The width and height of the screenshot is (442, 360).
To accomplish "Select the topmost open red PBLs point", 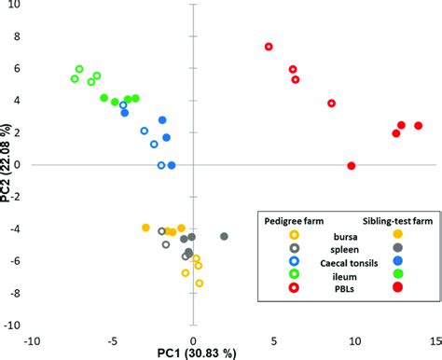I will pyautogui.click(x=269, y=47).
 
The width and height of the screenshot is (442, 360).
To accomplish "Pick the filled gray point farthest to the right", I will pyautogui.click(x=225, y=237).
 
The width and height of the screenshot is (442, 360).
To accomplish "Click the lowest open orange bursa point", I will pyautogui.click(x=199, y=283).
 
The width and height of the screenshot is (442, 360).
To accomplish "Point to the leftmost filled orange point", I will pyautogui.click(x=145, y=228).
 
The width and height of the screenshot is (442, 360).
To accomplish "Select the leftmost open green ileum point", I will pyautogui.click(x=75, y=78).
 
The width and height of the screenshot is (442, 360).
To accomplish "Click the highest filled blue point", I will pyautogui.click(x=162, y=120).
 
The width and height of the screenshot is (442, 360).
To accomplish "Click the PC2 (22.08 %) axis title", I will pyautogui.click(x=8, y=166).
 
